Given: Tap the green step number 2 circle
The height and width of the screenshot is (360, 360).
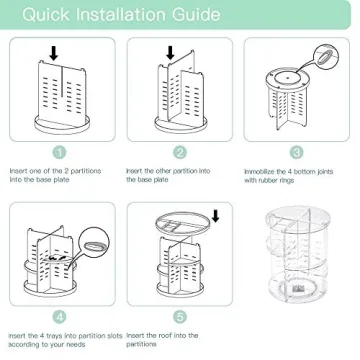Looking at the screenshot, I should (180, 152).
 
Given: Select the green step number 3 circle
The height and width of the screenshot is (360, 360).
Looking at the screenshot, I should (297, 152).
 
